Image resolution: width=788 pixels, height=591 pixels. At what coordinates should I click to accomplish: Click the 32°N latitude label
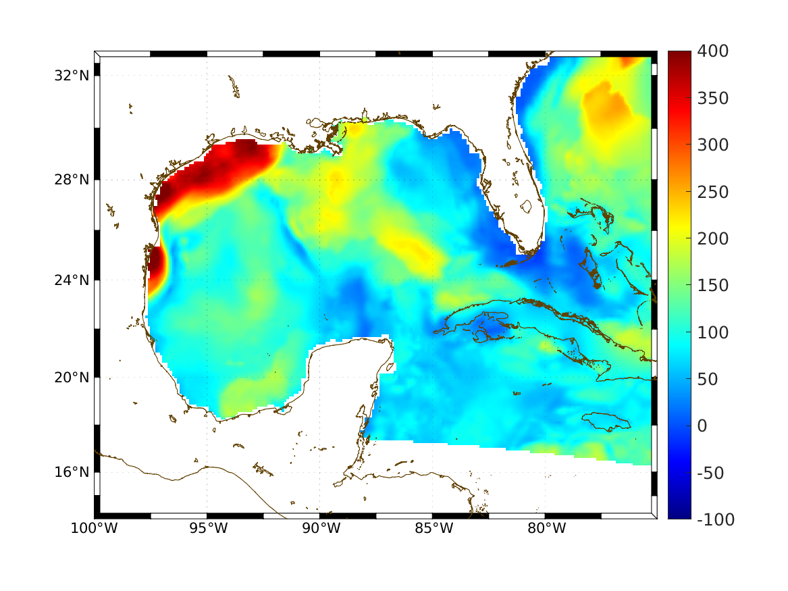click(x=72, y=76)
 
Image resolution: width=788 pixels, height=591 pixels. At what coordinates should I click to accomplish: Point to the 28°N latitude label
click(x=72, y=180)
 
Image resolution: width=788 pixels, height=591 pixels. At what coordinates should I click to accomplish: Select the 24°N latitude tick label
click(x=72, y=280)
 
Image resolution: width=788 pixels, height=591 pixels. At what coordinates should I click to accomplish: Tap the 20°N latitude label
click(x=72, y=378)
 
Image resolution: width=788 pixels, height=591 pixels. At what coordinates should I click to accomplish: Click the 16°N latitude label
click(x=72, y=471)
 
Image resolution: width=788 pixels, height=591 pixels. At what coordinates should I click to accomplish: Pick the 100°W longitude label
click(x=94, y=528)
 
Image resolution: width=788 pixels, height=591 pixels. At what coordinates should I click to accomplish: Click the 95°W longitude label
click(x=207, y=528)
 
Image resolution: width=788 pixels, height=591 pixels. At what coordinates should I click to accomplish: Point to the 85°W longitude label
click(x=432, y=528)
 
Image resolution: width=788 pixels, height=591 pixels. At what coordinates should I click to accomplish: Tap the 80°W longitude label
click(x=546, y=528)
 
